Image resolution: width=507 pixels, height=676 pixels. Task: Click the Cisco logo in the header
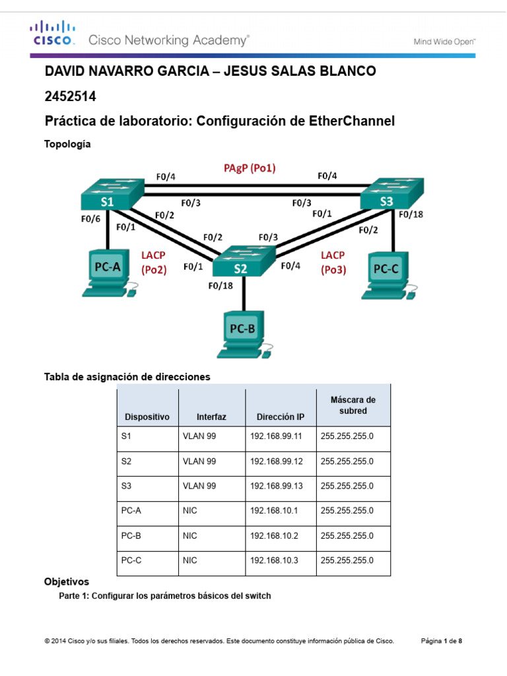[50, 33]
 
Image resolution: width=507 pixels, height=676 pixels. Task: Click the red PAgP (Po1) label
[250, 168]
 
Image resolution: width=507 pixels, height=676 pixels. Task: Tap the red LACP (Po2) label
[154, 261]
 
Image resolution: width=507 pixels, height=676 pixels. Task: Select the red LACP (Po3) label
[334, 261]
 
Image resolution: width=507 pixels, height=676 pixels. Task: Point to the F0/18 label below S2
[220, 286]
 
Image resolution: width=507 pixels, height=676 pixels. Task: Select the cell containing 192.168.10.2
[273, 535]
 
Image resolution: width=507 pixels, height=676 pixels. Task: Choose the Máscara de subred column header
[353, 405]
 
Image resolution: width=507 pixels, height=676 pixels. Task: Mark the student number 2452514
[70, 97]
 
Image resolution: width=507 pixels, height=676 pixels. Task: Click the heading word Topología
[67, 143]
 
